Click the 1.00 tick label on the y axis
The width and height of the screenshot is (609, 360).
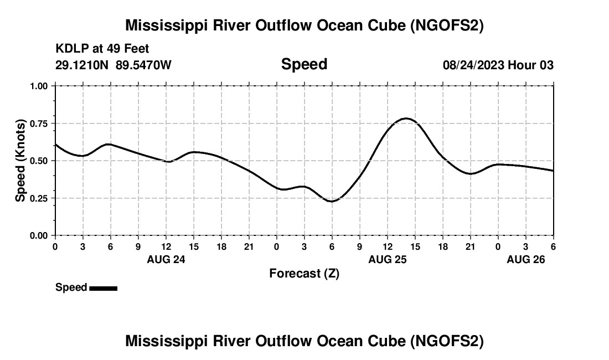(39, 86)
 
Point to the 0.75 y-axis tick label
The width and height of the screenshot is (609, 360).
(39, 124)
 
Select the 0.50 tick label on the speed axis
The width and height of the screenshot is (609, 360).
(39, 161)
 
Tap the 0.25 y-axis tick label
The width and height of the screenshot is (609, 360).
(39, 198)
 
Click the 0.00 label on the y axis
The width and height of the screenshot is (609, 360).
(39, 235)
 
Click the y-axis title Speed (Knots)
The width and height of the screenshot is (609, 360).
(20, 161)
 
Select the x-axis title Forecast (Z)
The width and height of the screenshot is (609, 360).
(304, 273)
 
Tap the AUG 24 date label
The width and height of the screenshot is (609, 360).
(166, 259)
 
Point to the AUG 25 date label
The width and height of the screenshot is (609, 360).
(388, 259)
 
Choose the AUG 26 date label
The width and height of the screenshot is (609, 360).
(526, 259)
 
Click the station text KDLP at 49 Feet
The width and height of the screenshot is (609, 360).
(102, 49)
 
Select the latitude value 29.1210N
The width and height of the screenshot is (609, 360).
(83, 65)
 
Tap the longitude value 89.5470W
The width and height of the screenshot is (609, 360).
(144, 65)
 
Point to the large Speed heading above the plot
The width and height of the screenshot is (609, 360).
(304, 64)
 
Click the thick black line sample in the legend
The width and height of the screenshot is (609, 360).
(103, 288)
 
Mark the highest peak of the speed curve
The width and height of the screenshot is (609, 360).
(406, 118)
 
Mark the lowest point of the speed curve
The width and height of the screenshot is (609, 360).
(332, 201)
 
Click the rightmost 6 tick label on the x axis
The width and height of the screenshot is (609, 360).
(553, 246)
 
